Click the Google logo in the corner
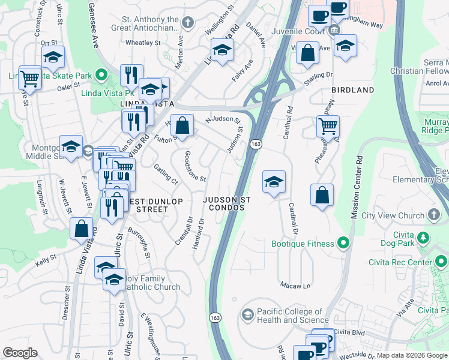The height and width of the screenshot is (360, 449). [x=20, y=353]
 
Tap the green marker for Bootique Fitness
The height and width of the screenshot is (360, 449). [x=343, y=243]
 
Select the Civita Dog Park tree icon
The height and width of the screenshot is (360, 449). [x=424, y=238]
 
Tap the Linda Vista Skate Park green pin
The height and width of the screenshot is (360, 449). [x=101, y=76]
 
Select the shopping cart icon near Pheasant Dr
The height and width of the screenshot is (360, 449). [x=328, y=126]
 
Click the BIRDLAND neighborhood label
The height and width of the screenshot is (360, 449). [x=352, y=90]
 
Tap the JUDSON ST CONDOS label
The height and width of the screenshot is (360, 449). [x=226, y=203]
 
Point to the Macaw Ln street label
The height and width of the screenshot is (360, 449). [x=295, y=285]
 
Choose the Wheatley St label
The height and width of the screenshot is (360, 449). [x=143, y=43]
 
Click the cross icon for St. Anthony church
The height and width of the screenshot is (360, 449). [x=188, y=23]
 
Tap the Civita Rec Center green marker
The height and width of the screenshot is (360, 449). [x=441, y=262]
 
